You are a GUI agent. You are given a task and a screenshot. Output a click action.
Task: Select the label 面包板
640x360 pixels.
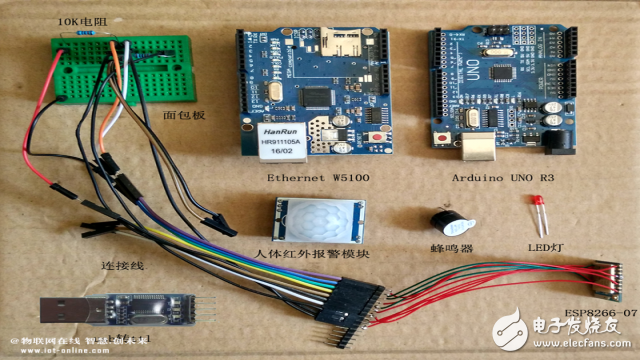(184, 115)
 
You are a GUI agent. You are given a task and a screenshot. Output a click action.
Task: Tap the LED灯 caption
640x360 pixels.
(545, 247)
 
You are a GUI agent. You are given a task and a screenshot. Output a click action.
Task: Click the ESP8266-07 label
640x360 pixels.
(599, 313)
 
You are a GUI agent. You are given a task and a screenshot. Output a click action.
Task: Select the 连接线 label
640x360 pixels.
(124, 267)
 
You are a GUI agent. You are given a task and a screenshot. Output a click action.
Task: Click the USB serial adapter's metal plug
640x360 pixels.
(65, 311)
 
